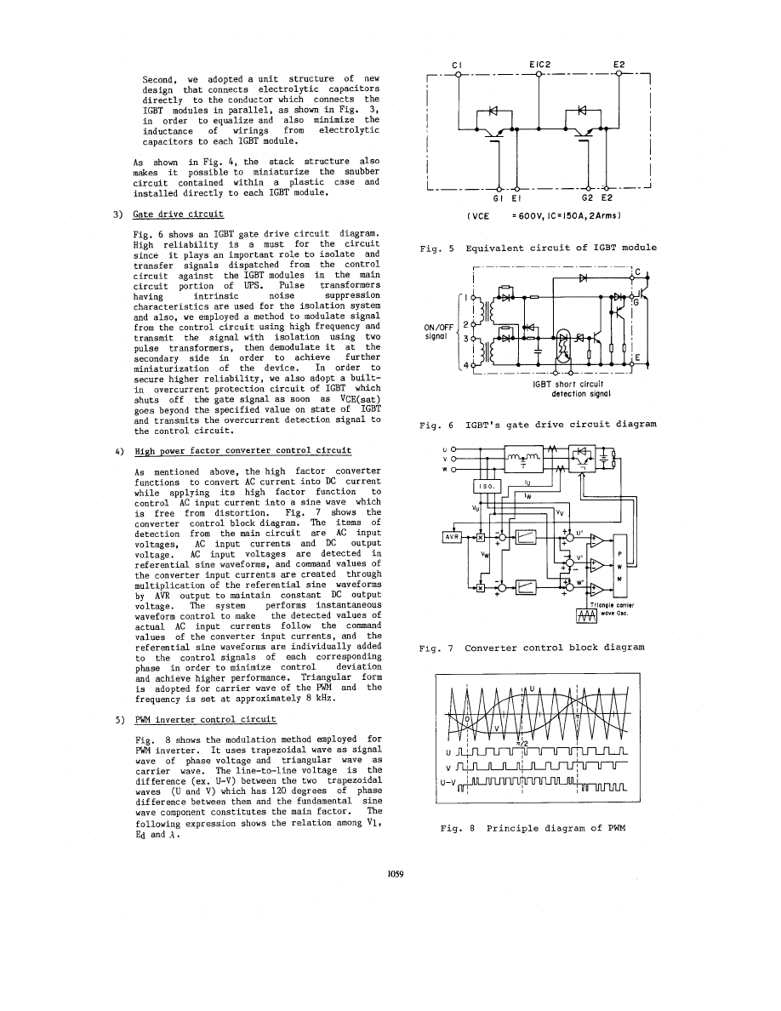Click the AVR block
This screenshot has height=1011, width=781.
452,537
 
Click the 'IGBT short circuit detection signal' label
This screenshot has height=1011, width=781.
568,389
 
